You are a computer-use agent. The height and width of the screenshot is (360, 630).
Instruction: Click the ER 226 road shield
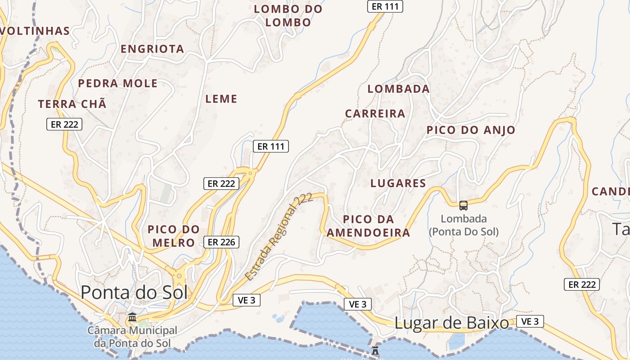click(x=221, y=242)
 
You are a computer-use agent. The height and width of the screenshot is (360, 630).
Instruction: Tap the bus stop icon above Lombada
click(x=463, y=206)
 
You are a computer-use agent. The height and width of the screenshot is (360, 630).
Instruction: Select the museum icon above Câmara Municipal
click(x=132, y=317)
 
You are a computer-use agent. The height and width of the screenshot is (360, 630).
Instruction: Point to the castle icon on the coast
click(x=375, y=350)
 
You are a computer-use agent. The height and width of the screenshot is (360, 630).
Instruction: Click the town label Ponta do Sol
click(x=134, y=292)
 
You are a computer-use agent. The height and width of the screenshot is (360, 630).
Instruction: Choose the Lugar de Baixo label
click(x=451, y=323)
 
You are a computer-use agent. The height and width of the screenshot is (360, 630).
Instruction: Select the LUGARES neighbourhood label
click(x=398, y=183)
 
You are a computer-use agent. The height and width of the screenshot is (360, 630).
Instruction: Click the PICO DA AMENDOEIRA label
click(x=368, y=226)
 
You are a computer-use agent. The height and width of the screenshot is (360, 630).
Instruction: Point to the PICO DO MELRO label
click(x=174, y=236)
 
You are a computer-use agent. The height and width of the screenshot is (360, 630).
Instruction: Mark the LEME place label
click(x=221, y=99)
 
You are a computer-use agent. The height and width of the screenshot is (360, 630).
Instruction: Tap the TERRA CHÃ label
click(x=72, y=104)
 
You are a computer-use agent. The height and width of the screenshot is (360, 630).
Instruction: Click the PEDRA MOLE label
click(x=118, y=83)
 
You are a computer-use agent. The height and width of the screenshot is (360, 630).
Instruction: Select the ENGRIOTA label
click(x=153, y=49)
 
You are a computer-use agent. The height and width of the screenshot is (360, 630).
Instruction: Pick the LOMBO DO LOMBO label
click(x=288, y=16)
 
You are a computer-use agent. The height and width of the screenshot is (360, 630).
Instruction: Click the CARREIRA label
click(x=375, y=113)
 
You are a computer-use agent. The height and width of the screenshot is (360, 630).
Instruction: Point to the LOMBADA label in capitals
click(x=398, y=89)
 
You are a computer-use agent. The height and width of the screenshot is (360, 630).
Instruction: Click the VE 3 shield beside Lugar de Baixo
click(x=530, y=321)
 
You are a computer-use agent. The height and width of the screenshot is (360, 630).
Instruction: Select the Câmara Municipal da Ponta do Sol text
click(x=132, y=337)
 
